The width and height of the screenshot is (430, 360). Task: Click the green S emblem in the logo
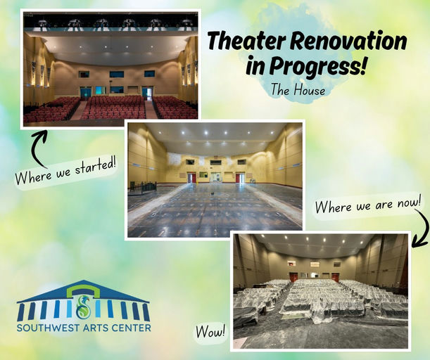pyautogui.click(x=84, y=307)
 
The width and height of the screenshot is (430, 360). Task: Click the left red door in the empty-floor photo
pyautogui.click(x=191, y=178)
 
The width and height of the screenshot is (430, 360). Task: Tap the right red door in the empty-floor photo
pyautogui.click(x=240, y=177)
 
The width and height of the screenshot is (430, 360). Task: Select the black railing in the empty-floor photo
pyautogui.click(x=144, y=187)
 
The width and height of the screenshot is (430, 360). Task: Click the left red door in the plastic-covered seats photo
pyautogui.click(x=293, y=276)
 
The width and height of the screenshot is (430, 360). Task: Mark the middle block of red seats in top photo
pyautogui.click(x=114, y=107)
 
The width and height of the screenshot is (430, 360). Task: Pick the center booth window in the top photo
pyautogui.click(x=116, y=74)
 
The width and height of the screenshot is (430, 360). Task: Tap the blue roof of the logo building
pyautogui.click(x=84, y=289)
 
